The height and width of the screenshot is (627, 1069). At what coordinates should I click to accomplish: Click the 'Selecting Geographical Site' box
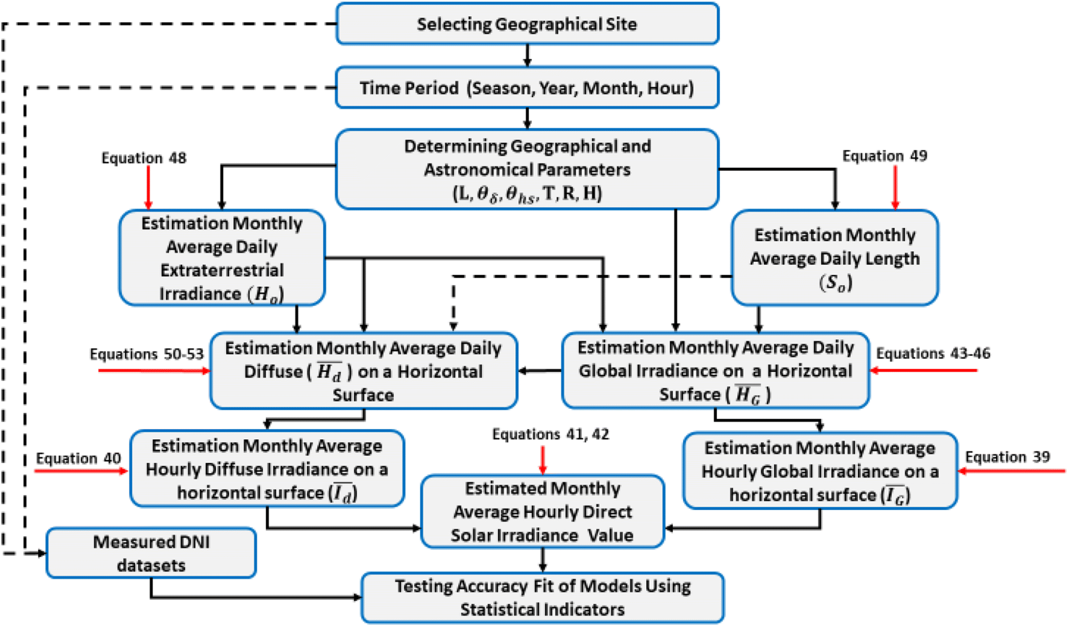point(527,24)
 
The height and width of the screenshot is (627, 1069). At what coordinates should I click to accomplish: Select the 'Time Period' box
point(527,87)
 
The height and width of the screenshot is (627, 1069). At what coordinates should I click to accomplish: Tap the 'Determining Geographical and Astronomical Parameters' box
point(527,169)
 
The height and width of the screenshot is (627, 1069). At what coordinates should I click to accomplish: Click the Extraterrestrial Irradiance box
point(222,258)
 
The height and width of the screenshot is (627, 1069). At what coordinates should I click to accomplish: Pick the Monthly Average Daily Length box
point(835,258)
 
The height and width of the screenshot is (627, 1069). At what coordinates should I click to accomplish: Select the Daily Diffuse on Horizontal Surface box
point(364,371)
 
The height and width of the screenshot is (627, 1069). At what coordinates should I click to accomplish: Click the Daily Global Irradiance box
point(715,370)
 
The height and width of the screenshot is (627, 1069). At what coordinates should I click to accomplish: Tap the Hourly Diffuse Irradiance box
point(267,469)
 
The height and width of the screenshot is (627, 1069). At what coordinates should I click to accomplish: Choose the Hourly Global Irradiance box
point(820,471)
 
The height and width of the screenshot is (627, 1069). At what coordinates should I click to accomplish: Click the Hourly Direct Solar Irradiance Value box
point(543,512)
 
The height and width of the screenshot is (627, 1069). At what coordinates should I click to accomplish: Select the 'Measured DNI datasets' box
point(152,553)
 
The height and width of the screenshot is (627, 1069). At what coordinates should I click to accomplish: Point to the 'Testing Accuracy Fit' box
point(542,598)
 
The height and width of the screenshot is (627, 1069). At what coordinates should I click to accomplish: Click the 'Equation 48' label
point(144,158)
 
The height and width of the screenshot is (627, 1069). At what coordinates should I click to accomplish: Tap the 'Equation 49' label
point(885,156)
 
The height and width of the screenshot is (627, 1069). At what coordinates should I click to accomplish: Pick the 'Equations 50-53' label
point(147,354)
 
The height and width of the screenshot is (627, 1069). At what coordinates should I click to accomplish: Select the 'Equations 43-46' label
point(933,353)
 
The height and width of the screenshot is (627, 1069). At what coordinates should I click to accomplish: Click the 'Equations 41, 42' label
point(551,434)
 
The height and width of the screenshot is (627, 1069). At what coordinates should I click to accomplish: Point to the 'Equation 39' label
point(1007,457)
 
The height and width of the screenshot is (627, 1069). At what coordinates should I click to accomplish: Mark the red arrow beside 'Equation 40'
point(82,471)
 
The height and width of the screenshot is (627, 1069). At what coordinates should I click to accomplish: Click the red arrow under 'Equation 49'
point(895,187)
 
